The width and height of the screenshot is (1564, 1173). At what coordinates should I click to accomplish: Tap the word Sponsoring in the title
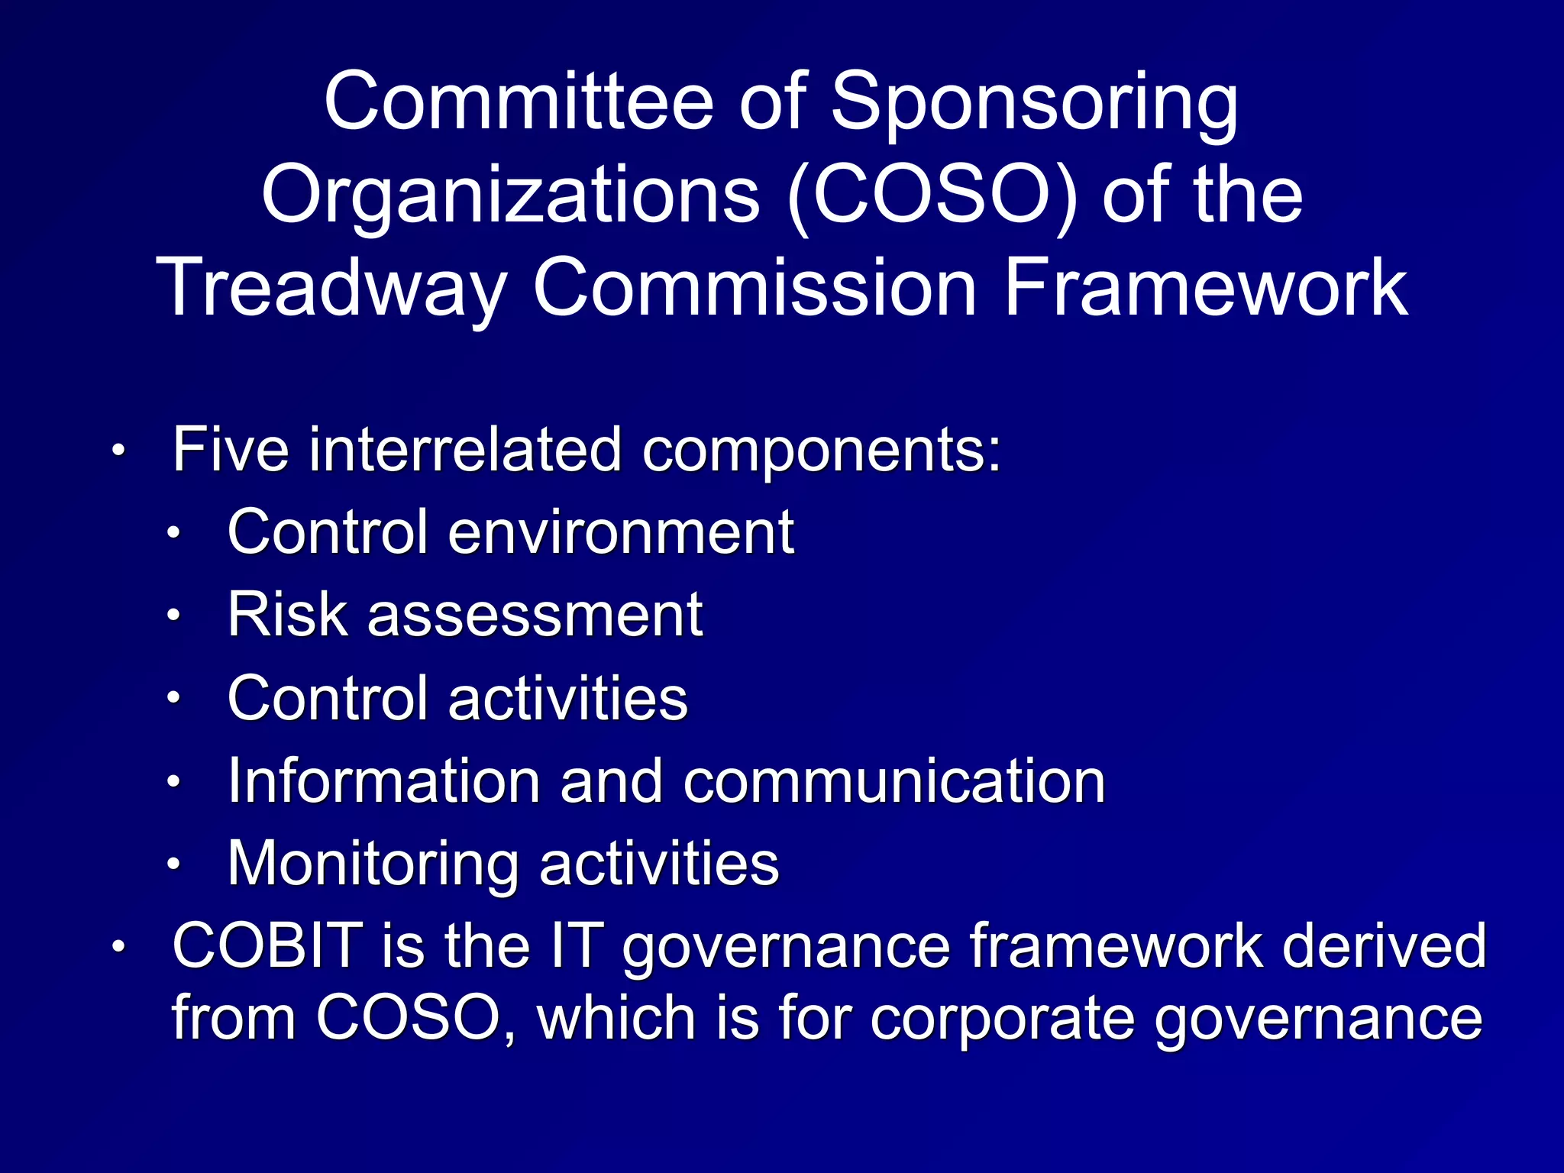pyautogui.click(x=1034, y=105)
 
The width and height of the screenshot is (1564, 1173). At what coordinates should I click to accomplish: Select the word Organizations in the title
pyautogui.click(x=510, y=197)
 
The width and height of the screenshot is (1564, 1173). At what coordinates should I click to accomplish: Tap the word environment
pyautogui.click(x=621, y=532)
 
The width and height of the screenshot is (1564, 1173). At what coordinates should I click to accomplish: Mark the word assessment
pyautogui.click(x=535, y=616)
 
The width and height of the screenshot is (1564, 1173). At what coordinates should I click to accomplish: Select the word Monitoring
pyautogui.click(x=373, y=864)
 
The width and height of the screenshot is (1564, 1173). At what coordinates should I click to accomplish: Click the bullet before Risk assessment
pyautogui.click(x=174, y=616)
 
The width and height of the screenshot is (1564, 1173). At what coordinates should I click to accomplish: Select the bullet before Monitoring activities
pyautogui.click(x=174, y=864)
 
